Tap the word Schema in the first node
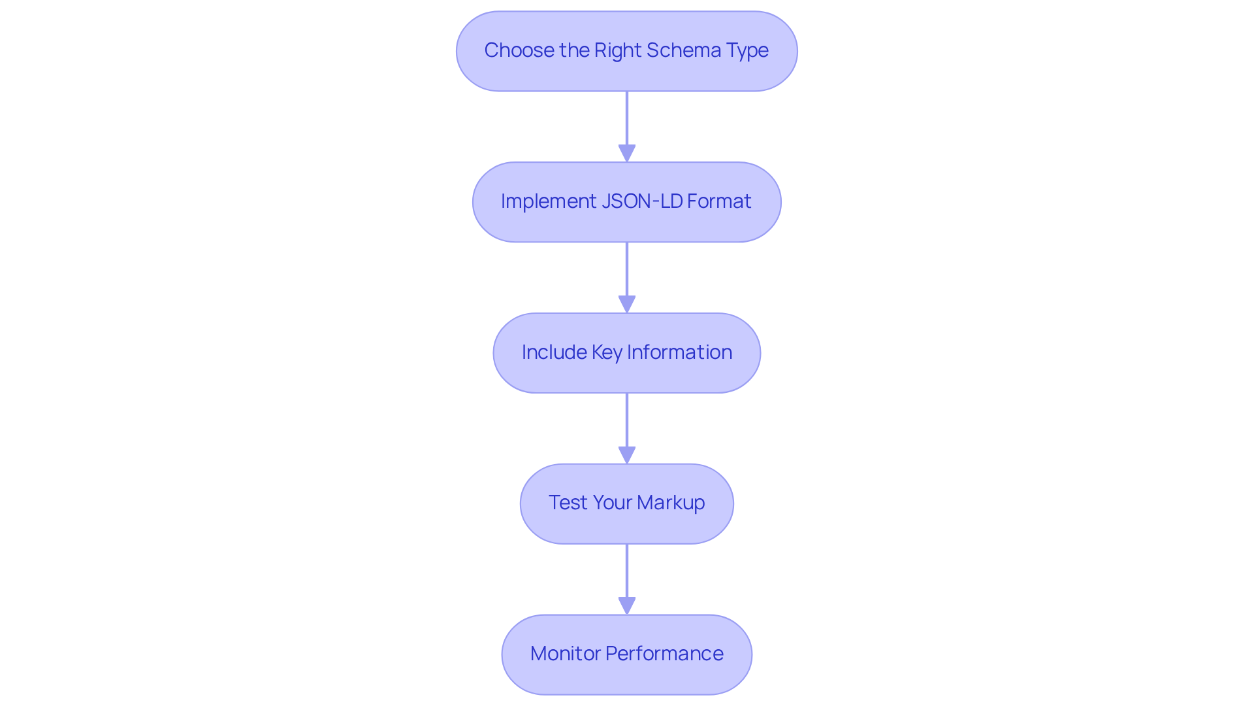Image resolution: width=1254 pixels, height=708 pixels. (x=679, y=50)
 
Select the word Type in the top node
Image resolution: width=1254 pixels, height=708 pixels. (x=748, y=50)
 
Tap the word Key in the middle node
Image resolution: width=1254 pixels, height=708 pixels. (x=607, y=352)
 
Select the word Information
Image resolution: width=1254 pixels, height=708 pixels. (x=679, y=352)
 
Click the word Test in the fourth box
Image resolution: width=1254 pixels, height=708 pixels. (x=567, y=503)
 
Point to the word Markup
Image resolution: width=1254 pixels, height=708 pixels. (x=671, y=503)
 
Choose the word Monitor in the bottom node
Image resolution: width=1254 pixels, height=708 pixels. (x=565, y=654)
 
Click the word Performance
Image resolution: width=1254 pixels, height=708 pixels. (x=664, y=654)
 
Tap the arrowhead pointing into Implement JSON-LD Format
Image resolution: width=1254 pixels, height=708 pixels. (x=627, y=153)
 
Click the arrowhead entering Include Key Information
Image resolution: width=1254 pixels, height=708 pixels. (x=627, y=304)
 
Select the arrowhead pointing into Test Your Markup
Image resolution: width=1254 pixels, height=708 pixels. (x=627, y=455)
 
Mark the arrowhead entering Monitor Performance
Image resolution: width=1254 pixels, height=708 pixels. (x=627, y=605)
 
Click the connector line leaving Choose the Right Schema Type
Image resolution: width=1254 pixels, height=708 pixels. (x=627, y=118)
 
